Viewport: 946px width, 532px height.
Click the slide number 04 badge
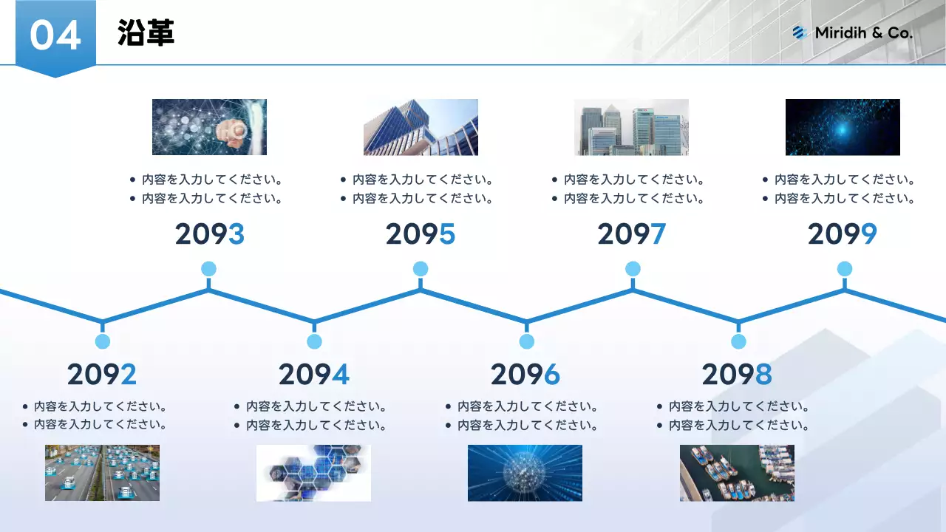click(55, 35)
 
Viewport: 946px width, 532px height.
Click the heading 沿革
click(146, 33)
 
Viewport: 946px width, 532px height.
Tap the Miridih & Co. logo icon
click(798, 33)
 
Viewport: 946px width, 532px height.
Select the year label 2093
click(209, 234)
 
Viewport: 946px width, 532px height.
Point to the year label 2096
click(525, 375)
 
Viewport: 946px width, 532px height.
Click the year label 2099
click(842, 234)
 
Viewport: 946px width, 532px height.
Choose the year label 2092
click(102, 375)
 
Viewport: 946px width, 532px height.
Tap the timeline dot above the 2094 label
click(314, 341)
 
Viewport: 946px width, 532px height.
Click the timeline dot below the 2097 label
click(633, 269)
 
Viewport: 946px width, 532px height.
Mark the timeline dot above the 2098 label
click(738, 341)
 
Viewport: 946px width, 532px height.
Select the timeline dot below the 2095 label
click(421, 269)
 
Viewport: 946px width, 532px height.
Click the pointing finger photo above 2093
click(209, 127)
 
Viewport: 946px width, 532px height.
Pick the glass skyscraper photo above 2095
click(421, 127)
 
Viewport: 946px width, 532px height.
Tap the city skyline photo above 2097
click(631, 127)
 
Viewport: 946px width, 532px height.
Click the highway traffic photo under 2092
click(102, 473)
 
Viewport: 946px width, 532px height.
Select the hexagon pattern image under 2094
click(313, 473)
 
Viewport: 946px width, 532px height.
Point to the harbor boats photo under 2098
click(737, 473)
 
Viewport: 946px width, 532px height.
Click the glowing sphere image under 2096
click(525, 473)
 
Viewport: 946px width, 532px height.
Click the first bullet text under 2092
click(100, 406)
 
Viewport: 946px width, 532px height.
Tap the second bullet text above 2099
click(844, 199)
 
